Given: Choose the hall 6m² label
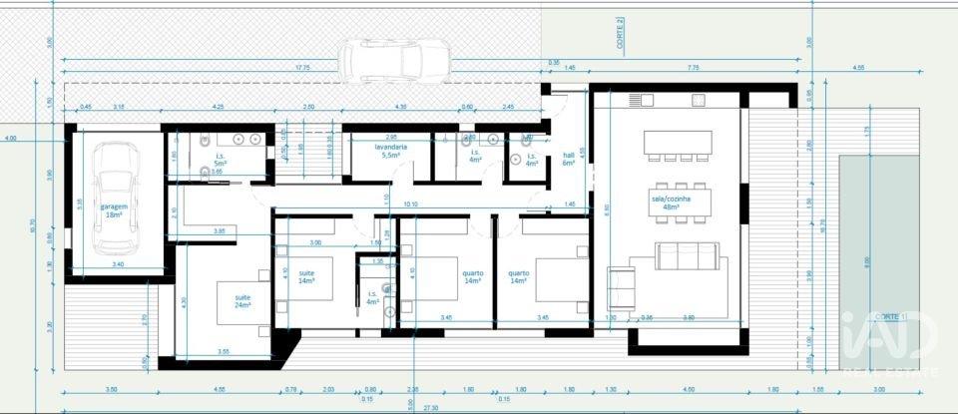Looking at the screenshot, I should tap(569, 159).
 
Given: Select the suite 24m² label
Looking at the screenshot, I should tap(243, 300).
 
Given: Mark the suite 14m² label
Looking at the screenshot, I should tap(304, 275).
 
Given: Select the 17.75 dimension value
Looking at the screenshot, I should tap(303, 68).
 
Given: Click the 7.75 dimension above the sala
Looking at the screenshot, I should tap(693, 68).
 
